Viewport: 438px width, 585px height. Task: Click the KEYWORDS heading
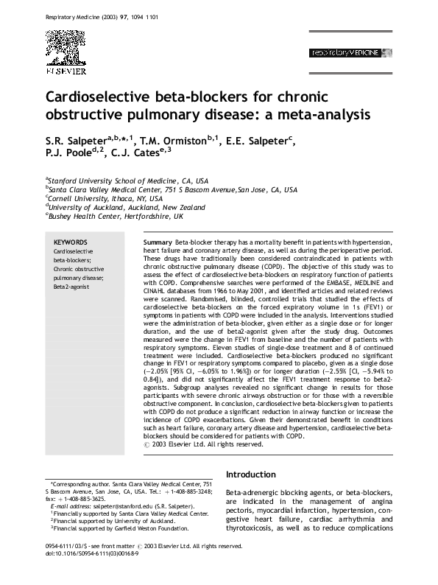[71, 242]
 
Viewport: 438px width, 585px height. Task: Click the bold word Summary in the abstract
[158, 242]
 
